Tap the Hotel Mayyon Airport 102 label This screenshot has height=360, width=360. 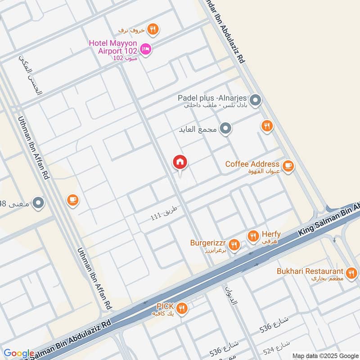coord(113,47)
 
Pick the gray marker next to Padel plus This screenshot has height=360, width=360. coord(255,100)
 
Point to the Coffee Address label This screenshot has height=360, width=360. coord(252,164)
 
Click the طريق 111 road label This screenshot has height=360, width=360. coord(165,213)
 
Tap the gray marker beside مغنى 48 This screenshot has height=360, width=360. coord(39,203)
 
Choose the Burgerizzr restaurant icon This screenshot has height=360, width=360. coord(233,245)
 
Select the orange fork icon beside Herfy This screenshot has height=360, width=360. coord(252,236)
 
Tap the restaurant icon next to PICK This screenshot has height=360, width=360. coord(181,308)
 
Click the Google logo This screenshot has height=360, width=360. coord(18,354)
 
